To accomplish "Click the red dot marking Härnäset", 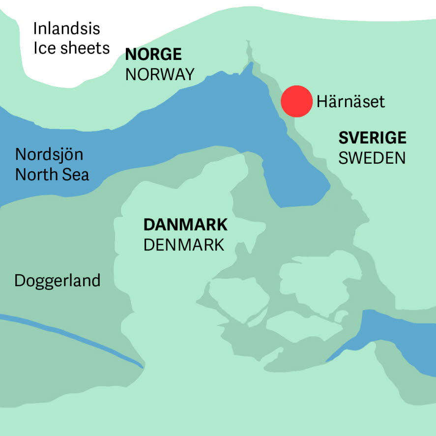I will (296, 101).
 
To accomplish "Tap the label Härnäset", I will (350, 102).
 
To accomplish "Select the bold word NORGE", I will (154, 54).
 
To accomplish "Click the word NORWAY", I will (160, 74).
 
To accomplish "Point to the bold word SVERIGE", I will (372, 138).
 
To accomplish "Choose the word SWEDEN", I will (372, 158).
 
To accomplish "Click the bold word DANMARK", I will (185, 225).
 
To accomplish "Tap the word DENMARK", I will (184, 244).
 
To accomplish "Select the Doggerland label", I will (58, 281).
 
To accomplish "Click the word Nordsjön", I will (49, 154).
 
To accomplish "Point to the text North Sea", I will (52, 174).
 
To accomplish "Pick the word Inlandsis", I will (66, 29).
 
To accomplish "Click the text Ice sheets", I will (71, 48).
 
